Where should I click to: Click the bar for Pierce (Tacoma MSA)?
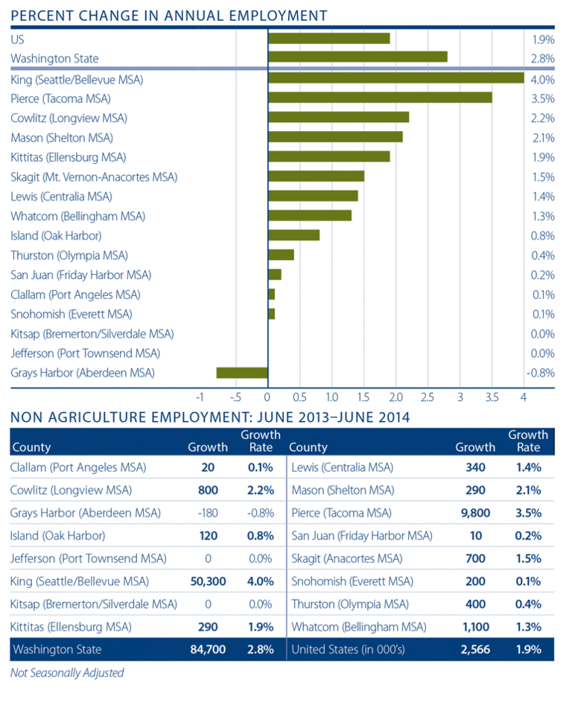380,98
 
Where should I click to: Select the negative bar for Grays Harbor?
242,373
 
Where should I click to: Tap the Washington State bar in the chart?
357,57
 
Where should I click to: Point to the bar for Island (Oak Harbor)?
293,235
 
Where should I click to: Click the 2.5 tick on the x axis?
427,396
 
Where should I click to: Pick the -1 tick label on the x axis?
200,396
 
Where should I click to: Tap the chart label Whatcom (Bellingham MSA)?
77,216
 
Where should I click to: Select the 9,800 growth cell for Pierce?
479,513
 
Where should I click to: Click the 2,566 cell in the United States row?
480,650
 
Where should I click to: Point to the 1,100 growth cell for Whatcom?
480,627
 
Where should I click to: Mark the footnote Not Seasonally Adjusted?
67,673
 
